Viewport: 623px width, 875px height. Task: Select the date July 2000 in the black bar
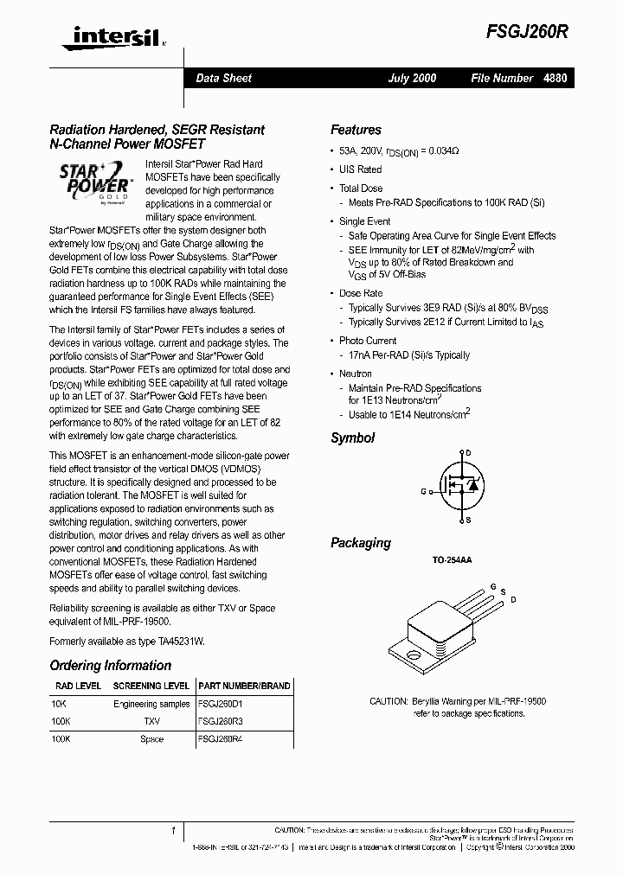tap(412, 78)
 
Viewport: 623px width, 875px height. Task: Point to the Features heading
tap(356, 130)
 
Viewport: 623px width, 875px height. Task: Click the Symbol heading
tap(352, 438)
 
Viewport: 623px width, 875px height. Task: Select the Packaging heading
tap(360, 543)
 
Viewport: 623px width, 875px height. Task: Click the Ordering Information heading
tap(110, 666)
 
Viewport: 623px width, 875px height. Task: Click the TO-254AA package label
tap(452, 560)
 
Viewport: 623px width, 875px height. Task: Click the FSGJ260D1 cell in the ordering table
tap(221, 704)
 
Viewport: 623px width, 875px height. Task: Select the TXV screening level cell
tap(151, 719)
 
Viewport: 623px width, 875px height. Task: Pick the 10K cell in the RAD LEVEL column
tap(58, 704)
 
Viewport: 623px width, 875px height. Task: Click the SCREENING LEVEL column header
tap(151, 686)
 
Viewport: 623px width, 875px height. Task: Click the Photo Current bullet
tap(368, 341)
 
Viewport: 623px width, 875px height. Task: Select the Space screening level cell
tap(151, 739)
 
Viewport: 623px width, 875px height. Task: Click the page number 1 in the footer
tap(173, 831)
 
